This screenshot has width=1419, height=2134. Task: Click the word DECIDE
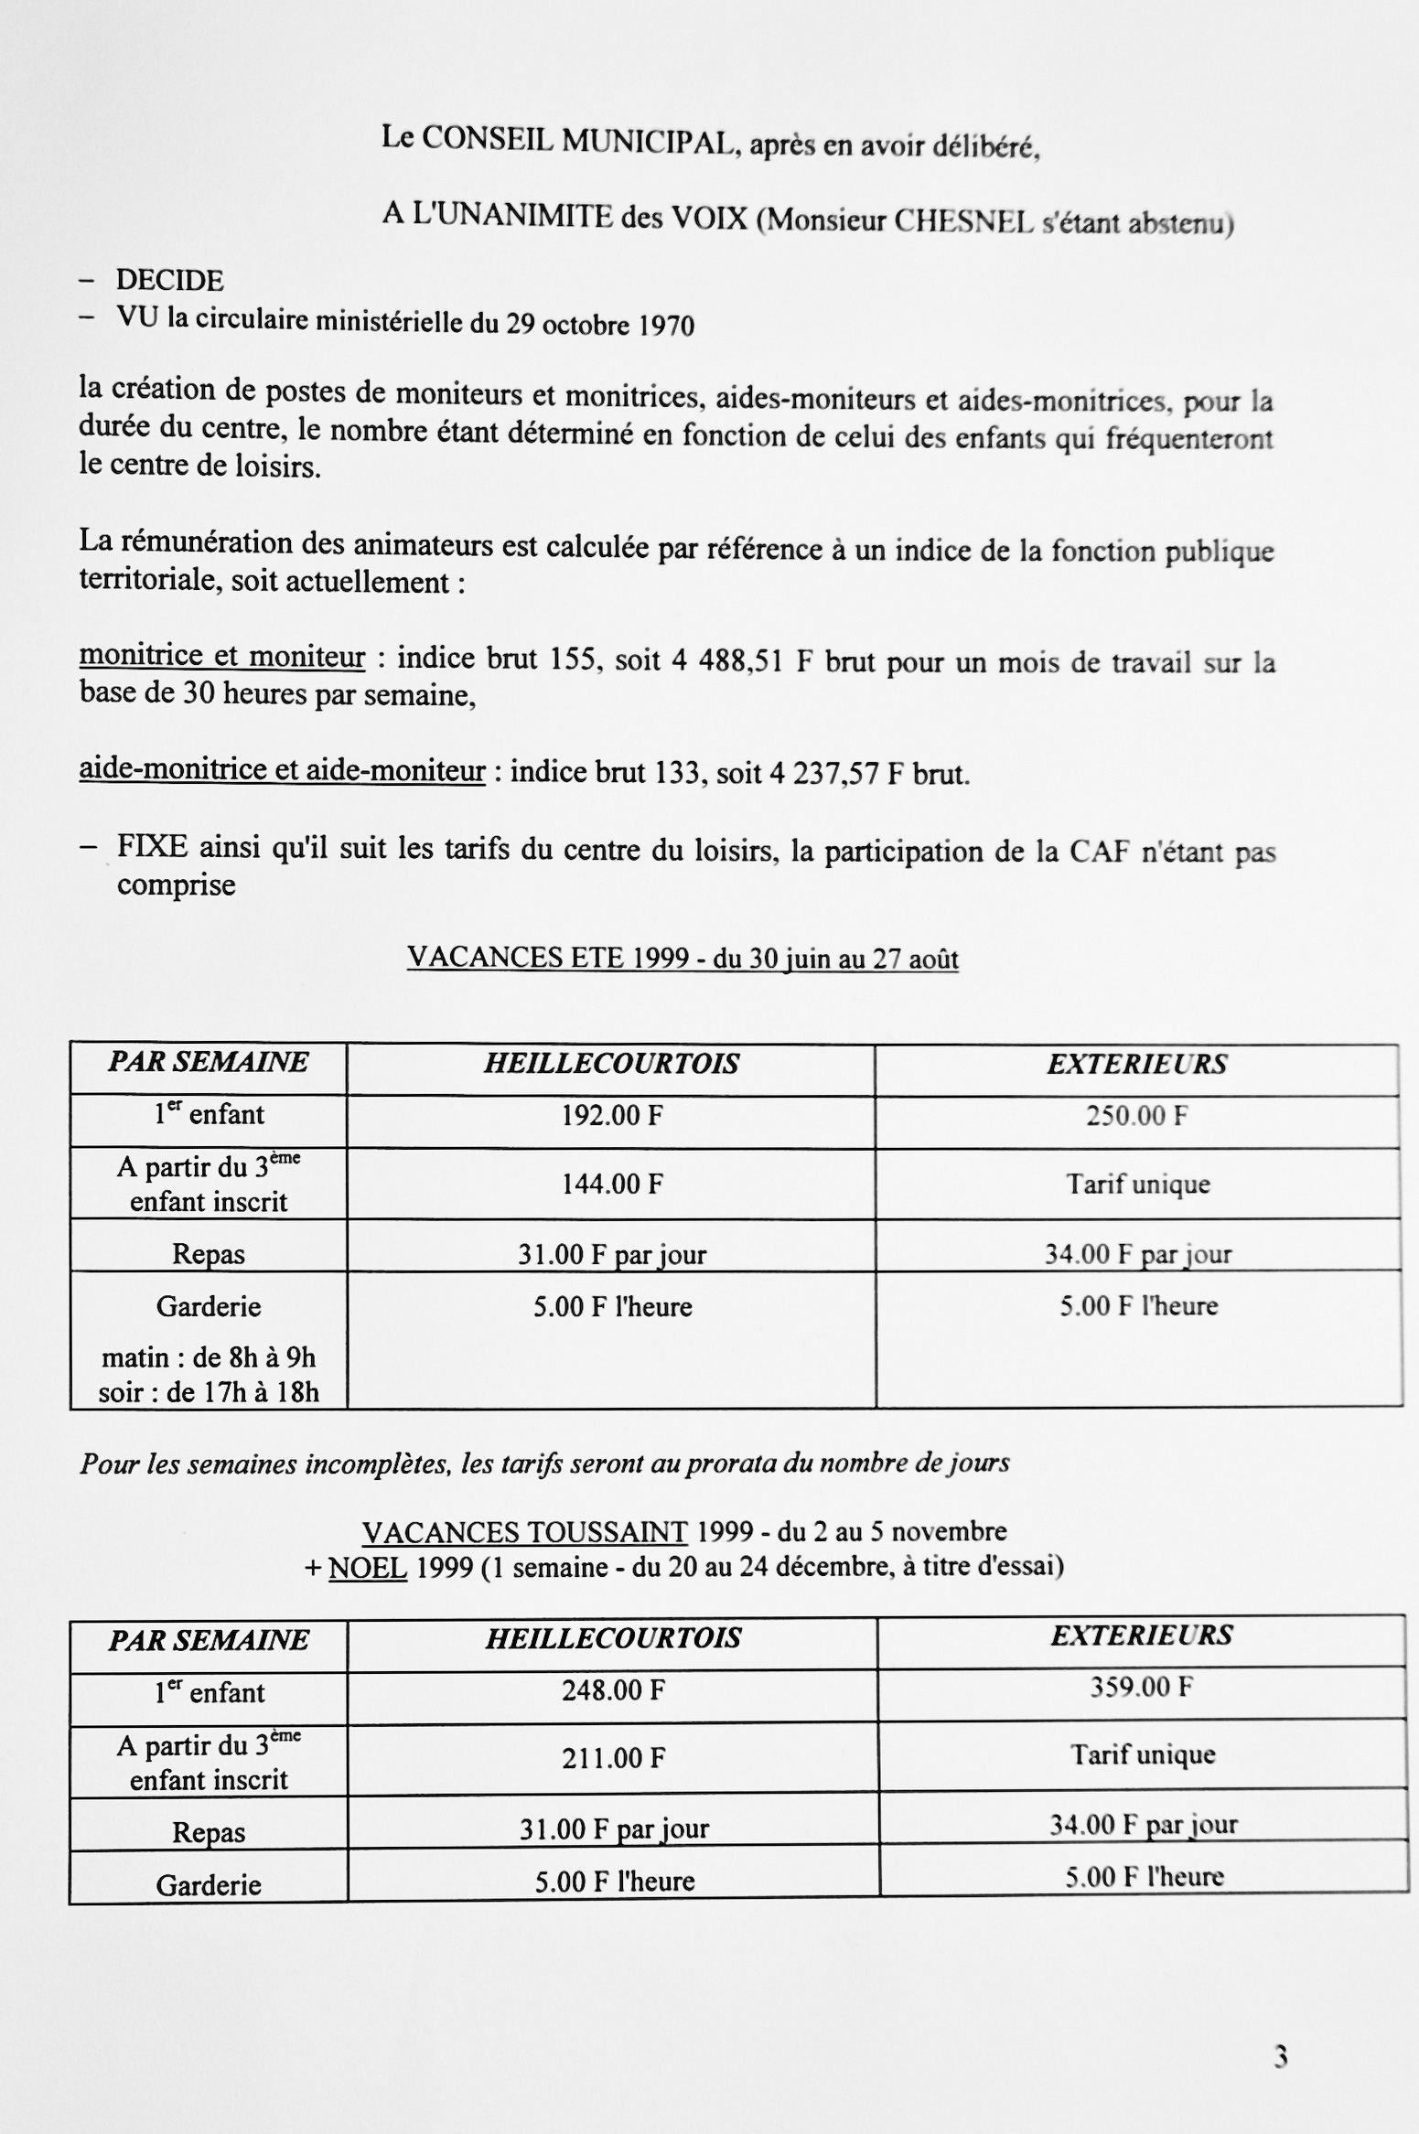[x=170, y=280]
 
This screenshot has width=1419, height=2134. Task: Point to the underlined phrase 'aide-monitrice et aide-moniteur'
[x=282, y=770]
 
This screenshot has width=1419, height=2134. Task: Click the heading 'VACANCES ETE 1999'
[x=547, y=958]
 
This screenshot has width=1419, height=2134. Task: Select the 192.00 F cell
[x=611, y=1115]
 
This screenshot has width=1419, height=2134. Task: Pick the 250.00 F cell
[x=1136, y=1116]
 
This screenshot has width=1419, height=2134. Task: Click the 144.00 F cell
[x=611, y=1185]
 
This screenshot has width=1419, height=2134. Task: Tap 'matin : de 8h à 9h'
[x=209, y=1357]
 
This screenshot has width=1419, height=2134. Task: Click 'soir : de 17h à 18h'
[x=209, y=1392]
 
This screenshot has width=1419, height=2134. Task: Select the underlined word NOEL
[x=367, y=1568]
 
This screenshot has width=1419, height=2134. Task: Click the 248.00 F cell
[x=612, y=1690]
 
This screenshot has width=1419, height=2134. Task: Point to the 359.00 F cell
[x=1141, y=1688]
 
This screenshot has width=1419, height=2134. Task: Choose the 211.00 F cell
[x=612, y=1758]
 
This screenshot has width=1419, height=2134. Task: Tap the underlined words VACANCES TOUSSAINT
[x=524, y=1531]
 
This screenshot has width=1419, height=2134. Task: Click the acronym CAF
[x=1094, y=852]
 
